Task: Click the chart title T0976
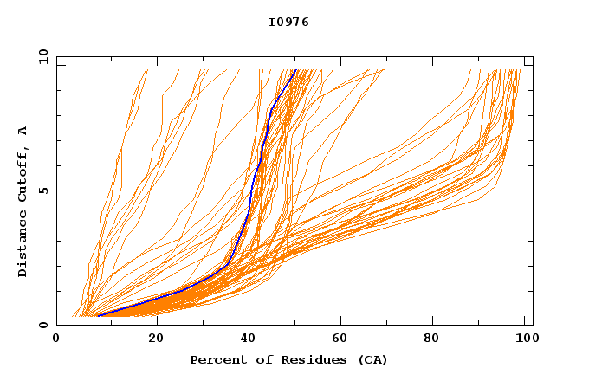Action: pos(288,23)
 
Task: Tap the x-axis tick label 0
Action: pos(56,341)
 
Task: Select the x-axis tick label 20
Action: pos(156,341)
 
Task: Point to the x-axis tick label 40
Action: pos(249,341)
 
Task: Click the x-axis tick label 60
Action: pos(343,341)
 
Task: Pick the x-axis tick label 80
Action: pos(437,341)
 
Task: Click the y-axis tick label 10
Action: pos(42,57)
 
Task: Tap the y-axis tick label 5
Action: pos(42,190)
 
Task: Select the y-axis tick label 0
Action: pos(42,325)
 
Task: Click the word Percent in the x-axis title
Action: pos(215,360)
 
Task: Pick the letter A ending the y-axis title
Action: pos(23,131)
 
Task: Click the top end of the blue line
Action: pos(295,70)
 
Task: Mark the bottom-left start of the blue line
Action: pos(99,315)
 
